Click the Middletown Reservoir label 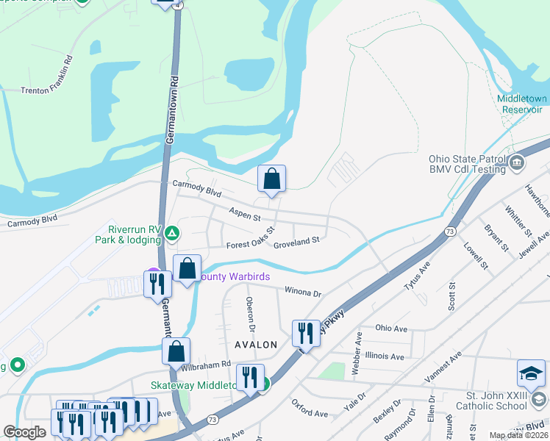click(x=522, y=103)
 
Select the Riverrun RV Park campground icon click(x=171, y=233)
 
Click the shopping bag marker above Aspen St click(x=271, y=178)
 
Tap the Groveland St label click(x=296, y=240)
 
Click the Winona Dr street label click(x=303, y=292)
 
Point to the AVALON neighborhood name click(x=257, y=345)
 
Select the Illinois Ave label click(x=384, y=356)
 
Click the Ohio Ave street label click(x=391, y=328)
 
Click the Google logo click(x=24, y=432)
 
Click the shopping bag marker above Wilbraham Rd click(x=176, y=351)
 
